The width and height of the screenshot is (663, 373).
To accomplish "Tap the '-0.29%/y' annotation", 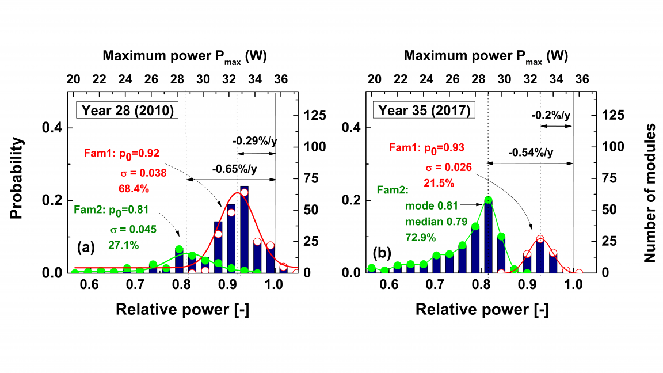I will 254,141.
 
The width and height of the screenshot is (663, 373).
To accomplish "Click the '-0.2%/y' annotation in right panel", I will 551,116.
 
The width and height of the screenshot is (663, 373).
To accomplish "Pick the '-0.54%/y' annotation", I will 531,153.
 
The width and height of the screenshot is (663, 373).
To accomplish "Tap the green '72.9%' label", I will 421,237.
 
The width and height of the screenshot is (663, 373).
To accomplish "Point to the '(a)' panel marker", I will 86,248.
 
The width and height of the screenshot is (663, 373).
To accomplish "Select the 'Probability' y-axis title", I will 17,178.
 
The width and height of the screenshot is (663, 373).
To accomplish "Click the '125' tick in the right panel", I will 613,115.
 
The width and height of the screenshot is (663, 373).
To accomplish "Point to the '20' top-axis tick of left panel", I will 74,78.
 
